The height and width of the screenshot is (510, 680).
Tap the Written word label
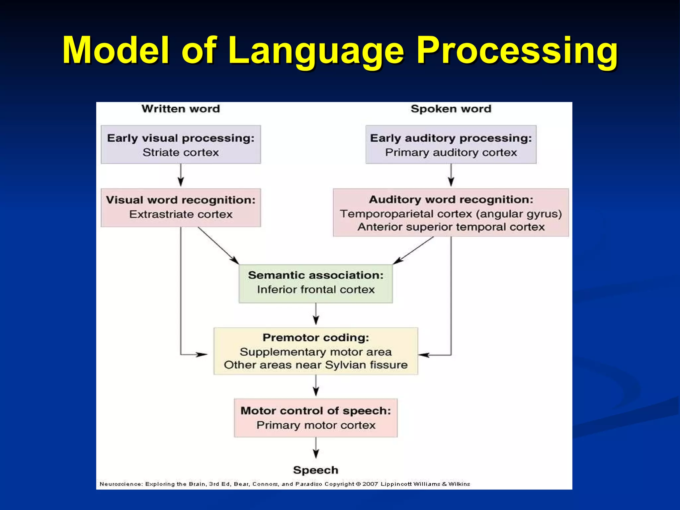181,109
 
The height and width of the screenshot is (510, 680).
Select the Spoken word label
451,109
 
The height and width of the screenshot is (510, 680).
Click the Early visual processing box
181,144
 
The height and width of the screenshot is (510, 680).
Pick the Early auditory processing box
451,144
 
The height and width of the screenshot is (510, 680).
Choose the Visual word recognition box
181,208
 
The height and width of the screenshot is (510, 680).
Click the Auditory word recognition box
451,212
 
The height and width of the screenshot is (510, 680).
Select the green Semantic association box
315,283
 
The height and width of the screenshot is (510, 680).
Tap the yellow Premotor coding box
315,351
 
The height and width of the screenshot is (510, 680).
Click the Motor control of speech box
315,418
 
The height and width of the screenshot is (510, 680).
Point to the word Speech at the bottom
315,470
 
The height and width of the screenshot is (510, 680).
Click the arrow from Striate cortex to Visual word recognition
181,175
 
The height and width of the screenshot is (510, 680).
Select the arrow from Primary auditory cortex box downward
451,175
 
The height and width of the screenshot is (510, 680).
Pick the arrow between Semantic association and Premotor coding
316,314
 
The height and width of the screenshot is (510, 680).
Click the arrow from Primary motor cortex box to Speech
316,448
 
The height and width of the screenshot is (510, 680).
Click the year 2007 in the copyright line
370,484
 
